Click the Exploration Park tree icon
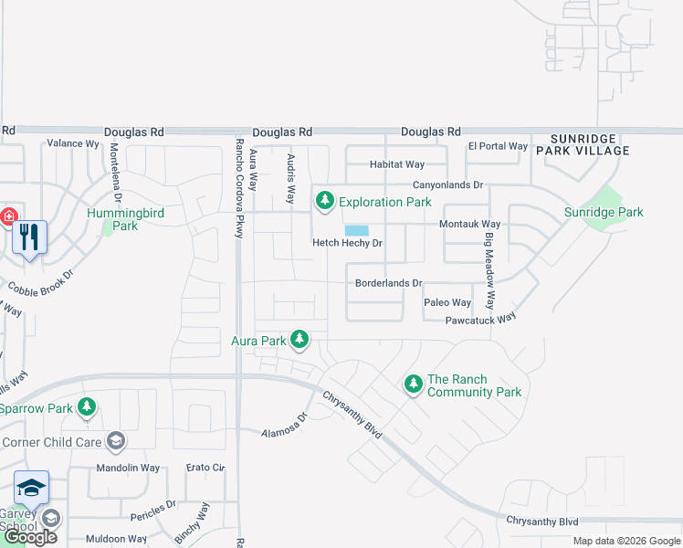324,201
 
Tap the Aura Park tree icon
299,341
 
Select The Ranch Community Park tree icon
414,385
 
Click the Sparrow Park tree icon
87,407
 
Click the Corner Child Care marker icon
116,442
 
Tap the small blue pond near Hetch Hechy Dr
357,230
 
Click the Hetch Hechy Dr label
347,244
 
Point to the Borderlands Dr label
389,283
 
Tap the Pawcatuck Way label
481,320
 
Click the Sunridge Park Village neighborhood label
583,143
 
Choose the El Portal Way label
498,146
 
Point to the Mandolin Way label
128,469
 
